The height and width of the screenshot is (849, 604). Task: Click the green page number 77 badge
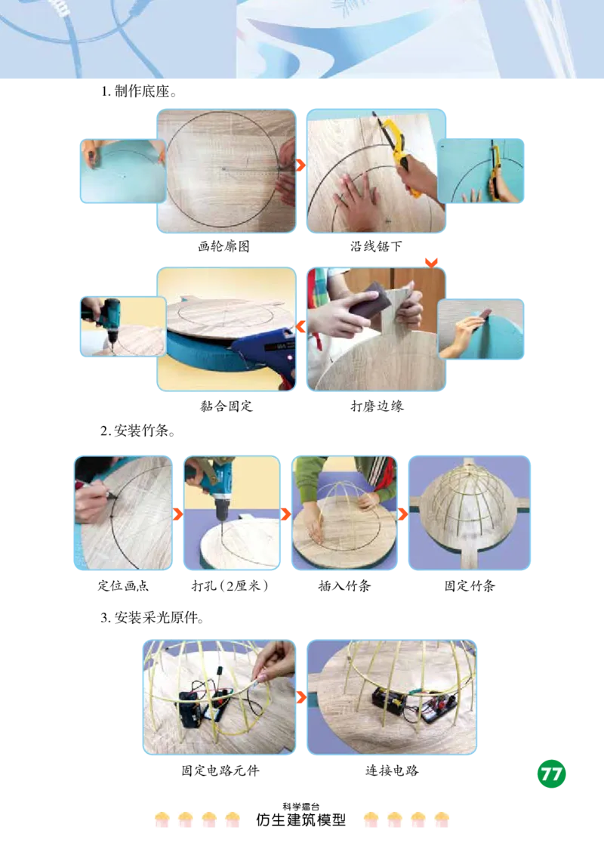pyautogui.click(x=551, y=773)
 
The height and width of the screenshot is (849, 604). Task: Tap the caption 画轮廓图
pyautogui.click(x=223, y=246)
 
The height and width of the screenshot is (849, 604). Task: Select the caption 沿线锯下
pyautogui.click(x=376, y=246)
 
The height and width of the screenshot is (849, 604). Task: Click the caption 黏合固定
pyautogui.click(x=226, y=406)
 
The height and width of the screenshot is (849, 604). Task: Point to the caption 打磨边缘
pyautogui.click(x=377, y=406)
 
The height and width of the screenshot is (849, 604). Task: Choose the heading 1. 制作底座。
pyautogui.click(x=139, y=91)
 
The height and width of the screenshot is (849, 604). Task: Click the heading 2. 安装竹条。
pyautogui.click(x=138, y=431)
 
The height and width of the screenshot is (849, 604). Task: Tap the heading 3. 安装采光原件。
pyautogui.click(x=152, y=618)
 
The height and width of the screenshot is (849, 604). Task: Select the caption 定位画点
pyautogui.click(x=123, y=586)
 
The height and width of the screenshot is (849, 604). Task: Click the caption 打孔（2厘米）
pyautogui.click(x=230, y=586)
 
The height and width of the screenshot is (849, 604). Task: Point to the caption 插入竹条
pyautogui.click(x=344, y=586)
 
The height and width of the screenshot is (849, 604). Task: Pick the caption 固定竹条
pyautogui.click(x=470, y=586)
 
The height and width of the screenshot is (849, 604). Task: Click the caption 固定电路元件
pyautogui.click(x=220, y=770)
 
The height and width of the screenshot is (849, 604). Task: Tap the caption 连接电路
pyautogui.click(x=391, y=770)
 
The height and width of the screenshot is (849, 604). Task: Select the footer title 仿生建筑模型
pyautogui.click(x=301, y=820)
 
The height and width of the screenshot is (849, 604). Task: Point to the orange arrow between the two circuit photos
pyautogui.click(x=301, y=697)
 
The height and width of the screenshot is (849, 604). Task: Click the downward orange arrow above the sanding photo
pyautogui.click(x=431, y=263)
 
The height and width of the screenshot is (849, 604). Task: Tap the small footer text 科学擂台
pyautogui.click(x=301, y=807)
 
